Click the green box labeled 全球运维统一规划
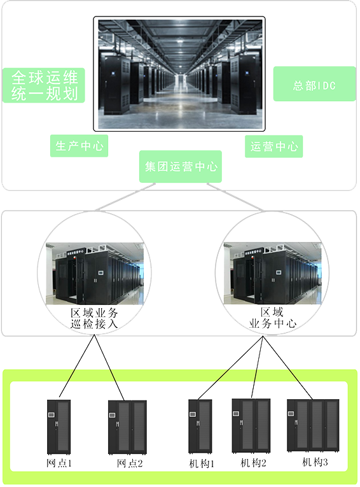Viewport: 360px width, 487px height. pos(44,85)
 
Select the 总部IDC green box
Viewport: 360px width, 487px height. pos(314,84)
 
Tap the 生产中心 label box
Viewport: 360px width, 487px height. pos(79,146)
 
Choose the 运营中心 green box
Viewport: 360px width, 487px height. pos(273,146)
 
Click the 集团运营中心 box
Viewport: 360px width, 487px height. pos(181,167)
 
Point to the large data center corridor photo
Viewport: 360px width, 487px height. pos(179,74)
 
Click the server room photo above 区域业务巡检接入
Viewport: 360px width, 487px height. pos(95,273)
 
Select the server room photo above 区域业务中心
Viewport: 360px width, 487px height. pos(272,273)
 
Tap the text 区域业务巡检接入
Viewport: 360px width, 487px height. pos(94,318)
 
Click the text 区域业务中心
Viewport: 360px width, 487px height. pos(272,318)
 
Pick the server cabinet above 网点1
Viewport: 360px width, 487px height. pos(59,427)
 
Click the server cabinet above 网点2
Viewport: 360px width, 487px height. pos(127,427)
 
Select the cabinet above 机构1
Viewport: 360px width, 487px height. pos(200,426)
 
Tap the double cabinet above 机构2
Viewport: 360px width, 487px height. pos(251,425)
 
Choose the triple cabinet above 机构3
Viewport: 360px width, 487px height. pos(313,425)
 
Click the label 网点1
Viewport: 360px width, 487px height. pos(59,463)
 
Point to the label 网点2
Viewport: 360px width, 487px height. pos(130,463)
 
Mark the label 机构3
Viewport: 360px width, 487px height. pos(315,462)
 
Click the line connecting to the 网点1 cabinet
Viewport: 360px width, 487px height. pos(77,366)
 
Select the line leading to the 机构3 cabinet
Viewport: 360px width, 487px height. pos(287,368)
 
